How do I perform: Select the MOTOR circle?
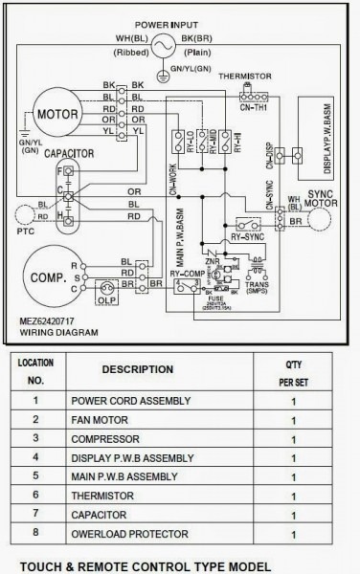click(62, 115)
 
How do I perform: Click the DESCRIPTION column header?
click(137, 368)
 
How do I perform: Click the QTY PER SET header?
click(291, 369)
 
